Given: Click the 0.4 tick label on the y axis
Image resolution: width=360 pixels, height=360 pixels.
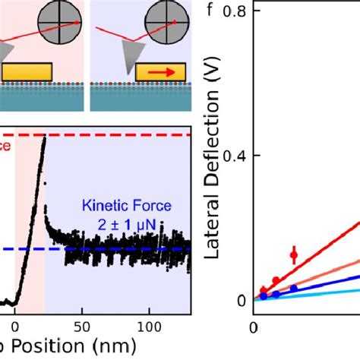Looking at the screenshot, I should click(238, 156).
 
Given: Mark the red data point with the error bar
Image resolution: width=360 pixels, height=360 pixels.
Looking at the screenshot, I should click(294, 255).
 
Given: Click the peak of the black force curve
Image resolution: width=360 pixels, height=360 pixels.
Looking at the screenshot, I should click(44, 138).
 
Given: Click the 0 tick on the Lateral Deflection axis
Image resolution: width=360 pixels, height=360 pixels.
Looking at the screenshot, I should click(241, 300).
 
